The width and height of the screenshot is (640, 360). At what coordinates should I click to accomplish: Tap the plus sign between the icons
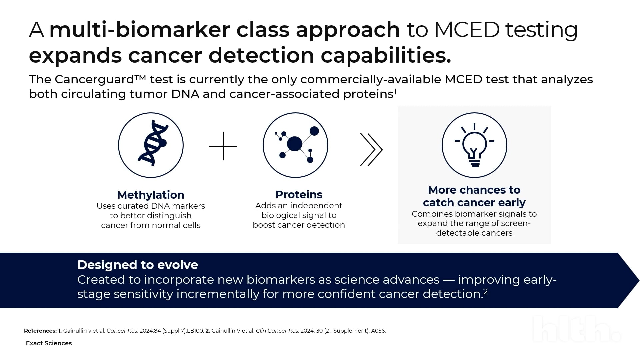click(223, 146)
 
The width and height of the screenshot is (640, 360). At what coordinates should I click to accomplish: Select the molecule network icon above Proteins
click(295, 145)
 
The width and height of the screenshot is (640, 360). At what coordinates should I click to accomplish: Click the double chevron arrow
click(371, 150)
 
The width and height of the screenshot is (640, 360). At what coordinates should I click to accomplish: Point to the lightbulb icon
click(474, 145)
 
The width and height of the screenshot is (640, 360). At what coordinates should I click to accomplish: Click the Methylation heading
click(151, 195)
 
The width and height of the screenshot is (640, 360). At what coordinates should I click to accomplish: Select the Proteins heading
click(299, 194)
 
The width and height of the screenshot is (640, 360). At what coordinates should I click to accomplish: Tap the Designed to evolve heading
click(138, 265)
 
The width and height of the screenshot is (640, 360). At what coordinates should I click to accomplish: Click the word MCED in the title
click(467, 30)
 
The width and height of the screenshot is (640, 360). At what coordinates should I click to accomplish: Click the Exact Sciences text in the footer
click(49, 343)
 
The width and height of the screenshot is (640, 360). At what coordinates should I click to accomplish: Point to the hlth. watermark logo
click(577, 329)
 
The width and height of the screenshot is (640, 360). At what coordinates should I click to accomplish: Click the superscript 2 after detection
click(486, 292)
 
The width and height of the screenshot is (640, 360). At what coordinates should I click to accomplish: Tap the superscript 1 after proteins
click(395, 91)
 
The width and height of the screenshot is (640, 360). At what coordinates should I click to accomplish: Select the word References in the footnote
click(40, 331)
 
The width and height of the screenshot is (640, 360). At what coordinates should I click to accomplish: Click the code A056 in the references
click(378, 331)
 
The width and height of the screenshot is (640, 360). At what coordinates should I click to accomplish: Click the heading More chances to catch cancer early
click(474, 196)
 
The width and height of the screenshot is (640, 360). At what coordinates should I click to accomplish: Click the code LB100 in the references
click(195, 331)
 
